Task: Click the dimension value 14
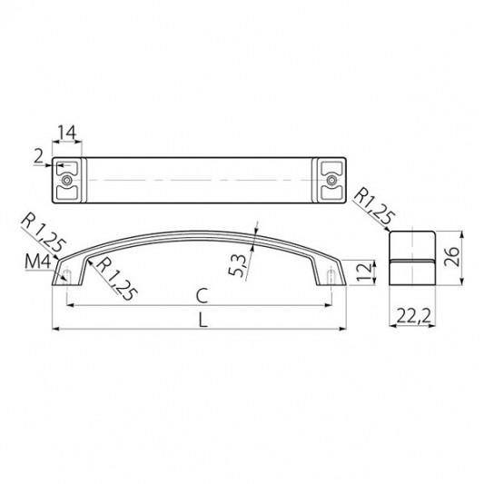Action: (67, 133)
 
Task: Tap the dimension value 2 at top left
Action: (39, 157)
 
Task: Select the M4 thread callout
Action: (37, 262)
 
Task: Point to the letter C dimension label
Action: (202, 296)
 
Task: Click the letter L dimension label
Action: (202, 320)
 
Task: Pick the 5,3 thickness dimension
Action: (237, 265)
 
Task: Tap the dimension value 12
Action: (366, 272)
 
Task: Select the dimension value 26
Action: (452, 257)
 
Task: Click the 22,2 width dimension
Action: (413, 316)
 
